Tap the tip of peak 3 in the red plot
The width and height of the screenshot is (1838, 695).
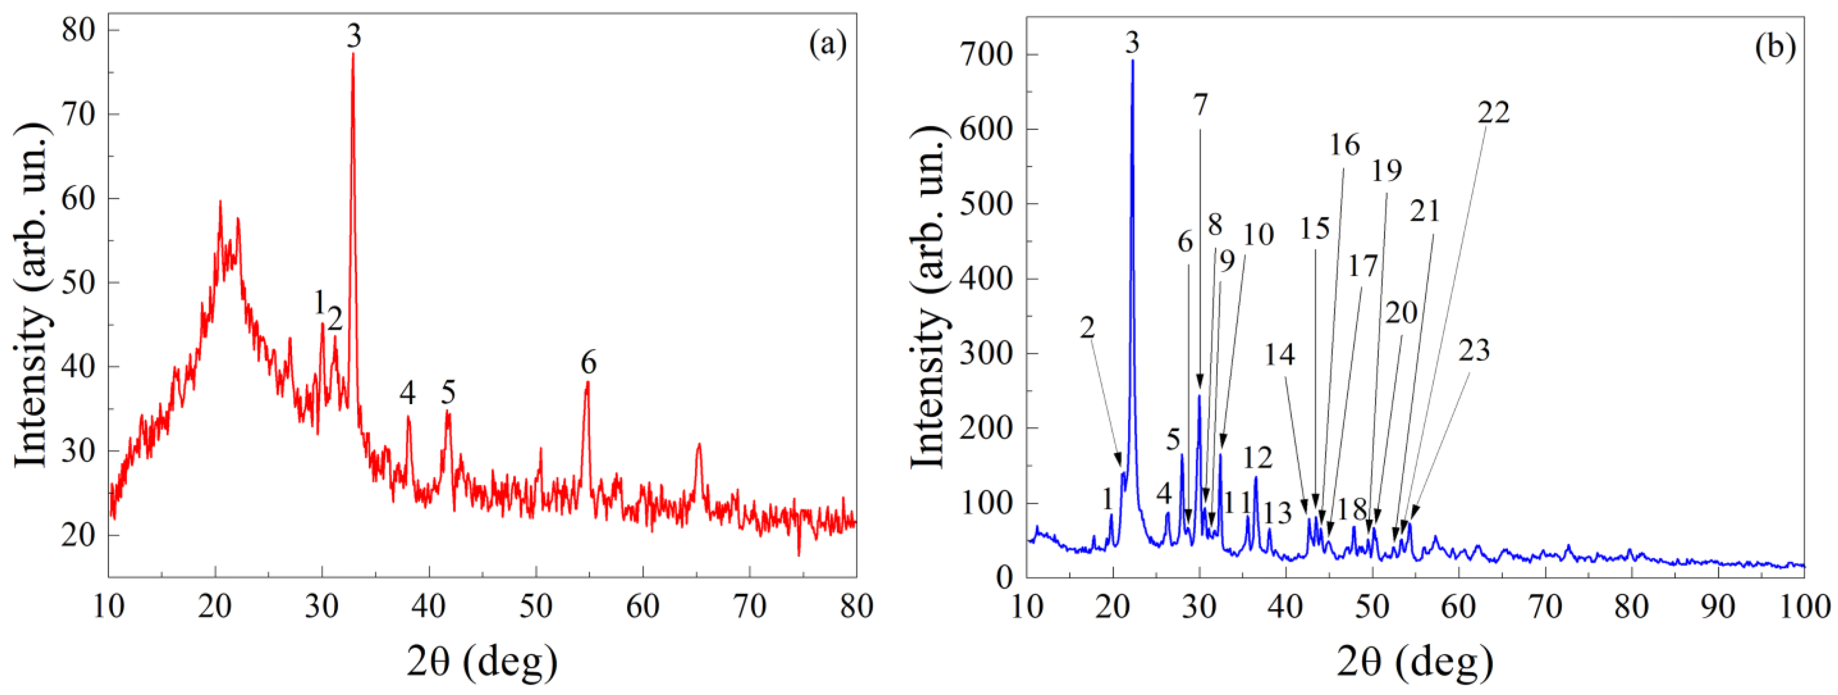(353, 54)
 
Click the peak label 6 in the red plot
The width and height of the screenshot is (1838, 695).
(588, 363)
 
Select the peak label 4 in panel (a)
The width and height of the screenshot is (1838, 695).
(407, 392)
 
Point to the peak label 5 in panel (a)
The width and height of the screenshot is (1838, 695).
(448, 392)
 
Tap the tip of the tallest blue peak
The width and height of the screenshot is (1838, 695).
(1132, 61)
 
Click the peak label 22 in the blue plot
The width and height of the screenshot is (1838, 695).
(1494, 112)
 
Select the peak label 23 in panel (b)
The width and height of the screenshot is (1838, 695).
(1474, 350)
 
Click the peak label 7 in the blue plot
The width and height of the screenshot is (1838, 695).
(1201, 105)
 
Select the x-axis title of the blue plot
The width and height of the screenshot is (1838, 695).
(1415, 663)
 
